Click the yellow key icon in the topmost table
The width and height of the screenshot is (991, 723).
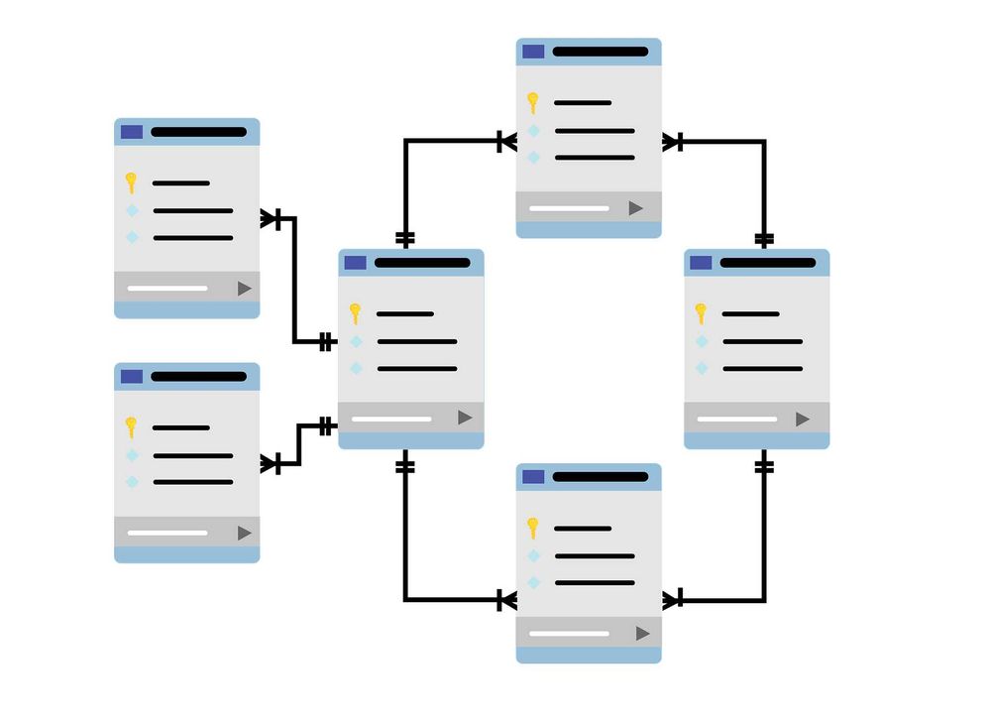click(x=532, y=102)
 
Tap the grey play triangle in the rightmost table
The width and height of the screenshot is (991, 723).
click(x=802, y=420)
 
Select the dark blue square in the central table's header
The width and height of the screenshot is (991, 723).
click(x=355, y=263)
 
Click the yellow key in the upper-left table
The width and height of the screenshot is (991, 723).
click(x=130, y=182)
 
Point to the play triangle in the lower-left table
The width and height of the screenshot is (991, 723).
click(x=244, y=533)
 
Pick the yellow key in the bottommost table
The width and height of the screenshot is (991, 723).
click(x=532, y=527)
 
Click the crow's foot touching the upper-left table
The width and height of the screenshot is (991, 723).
click(x=271, y=218)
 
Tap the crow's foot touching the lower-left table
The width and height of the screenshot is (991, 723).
click(x=271, y=463)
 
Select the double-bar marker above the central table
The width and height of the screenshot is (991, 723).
click(x=404, y=238)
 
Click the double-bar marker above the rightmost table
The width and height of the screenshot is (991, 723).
click(x=763, y=238)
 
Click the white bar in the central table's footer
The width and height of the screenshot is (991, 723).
click(x=391, y=420)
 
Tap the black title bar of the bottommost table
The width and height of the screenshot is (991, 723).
click(x=600, y=477)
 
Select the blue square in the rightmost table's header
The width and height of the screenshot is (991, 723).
click(x=701, y=263)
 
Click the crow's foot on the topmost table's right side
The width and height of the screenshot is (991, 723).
click(x=672, y=142)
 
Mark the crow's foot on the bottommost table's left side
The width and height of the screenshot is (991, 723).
click(x=506, y=600)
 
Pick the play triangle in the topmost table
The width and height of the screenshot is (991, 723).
click(x=635, y=208)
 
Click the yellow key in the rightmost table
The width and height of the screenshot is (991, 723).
click(x=701, y=313)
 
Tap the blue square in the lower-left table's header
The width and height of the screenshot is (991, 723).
click(x=131, y=376)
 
